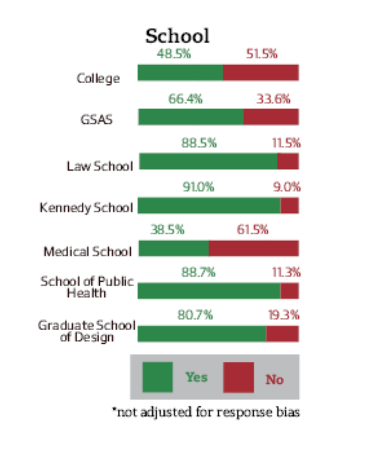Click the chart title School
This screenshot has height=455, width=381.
[177, 36]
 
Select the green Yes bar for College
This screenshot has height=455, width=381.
[180, 73]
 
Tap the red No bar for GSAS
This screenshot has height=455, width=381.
[271, 117]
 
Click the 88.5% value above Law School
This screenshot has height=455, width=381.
[199, 143]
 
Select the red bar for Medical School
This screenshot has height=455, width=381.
[253, 249]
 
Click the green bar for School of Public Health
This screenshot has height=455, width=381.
[209, 291]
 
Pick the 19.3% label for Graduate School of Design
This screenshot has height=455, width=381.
[282, 315]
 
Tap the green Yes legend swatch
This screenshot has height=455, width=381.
[157, 377]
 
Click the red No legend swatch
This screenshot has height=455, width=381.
[239, 377]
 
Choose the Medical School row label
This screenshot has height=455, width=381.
[87, 251]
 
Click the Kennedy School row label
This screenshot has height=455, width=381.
[86, 207]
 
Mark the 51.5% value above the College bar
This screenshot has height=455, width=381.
[261, 54]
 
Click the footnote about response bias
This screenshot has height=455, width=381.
[206, 413]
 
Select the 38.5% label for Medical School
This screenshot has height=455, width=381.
[167, 230]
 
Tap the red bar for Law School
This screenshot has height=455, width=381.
[287, 161]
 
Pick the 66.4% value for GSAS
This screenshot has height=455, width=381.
[185, 99]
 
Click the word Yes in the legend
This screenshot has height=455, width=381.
[197, 377]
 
